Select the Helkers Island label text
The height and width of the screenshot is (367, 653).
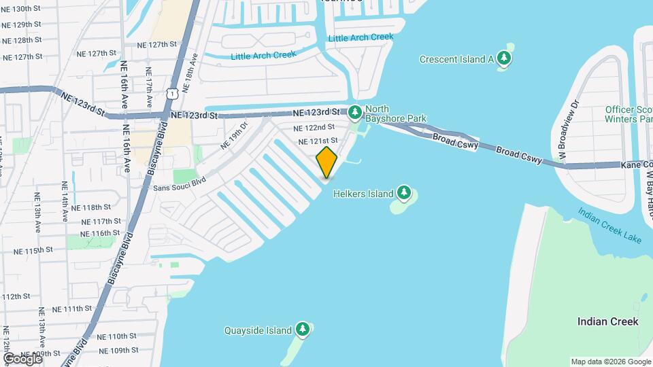tap(363, 194)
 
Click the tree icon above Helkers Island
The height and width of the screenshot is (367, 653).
tap(405, 193)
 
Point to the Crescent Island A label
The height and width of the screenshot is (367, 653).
tap(456, 59)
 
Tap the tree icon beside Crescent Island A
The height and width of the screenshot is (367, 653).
tap(504, 58)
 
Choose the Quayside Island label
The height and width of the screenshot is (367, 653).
tap(258, 331)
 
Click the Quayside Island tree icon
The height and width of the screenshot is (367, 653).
tap(303, 330)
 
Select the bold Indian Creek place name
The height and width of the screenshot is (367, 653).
tap(607, 321)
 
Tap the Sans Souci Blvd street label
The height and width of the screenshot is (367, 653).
tap(180, 183)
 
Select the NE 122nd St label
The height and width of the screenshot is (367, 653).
tap(314, 127)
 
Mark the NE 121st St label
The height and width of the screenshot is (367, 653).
tap(318, 141)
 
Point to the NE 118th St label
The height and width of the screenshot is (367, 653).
tap(90, 207)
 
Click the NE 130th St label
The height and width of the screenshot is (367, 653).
tap(22, 9)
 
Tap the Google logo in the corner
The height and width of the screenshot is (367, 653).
tap(22, 358)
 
